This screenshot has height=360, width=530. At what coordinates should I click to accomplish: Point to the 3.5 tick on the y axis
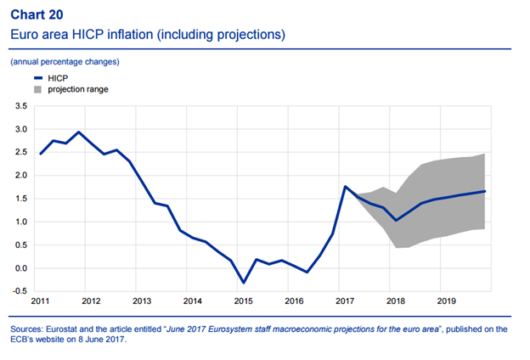point(21,106)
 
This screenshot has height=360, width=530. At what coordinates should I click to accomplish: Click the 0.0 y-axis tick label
point(21,268)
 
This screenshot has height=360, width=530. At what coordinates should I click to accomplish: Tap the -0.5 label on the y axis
point(20,291)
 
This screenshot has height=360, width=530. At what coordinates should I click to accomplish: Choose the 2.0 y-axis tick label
point(21,176)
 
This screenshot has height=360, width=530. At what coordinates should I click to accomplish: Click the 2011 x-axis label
point(40,301)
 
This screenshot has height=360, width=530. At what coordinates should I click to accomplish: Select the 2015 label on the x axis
point(243,301)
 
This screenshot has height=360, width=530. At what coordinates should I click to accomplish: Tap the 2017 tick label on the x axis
point(345,301)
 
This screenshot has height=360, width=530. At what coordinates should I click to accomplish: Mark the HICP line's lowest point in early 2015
point(243,283)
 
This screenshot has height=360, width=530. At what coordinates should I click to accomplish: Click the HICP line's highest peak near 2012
point(79,132)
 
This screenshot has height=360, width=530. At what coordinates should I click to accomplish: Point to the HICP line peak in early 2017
point(345,186)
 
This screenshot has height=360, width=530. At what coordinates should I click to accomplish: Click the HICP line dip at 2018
point(396,221)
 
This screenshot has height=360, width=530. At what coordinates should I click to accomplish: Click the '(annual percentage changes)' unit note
point(65,62)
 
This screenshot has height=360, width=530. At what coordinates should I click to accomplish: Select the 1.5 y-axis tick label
point(21,199)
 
